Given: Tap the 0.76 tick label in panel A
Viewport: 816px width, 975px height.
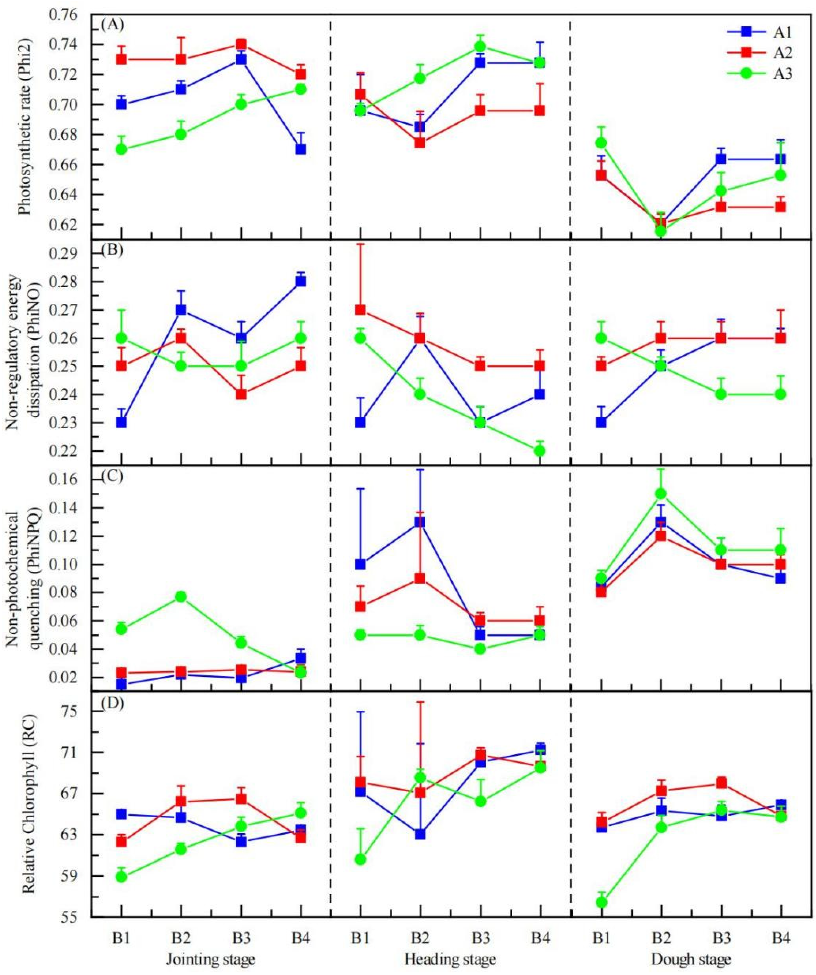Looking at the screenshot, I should click(x=67, y=15).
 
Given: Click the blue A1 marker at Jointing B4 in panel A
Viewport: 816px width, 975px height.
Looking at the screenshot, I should click(x=301, y=149).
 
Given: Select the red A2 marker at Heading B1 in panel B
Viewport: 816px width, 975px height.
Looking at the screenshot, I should click(x=360, y=310).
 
